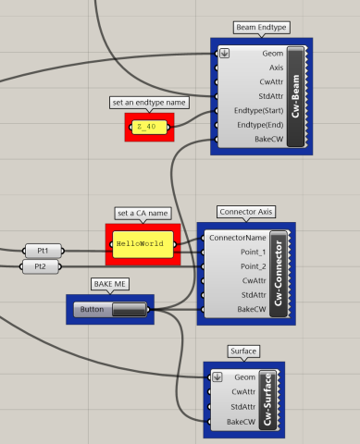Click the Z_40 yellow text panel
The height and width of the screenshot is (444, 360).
(149, 126)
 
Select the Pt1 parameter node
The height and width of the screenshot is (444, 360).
(42, 251)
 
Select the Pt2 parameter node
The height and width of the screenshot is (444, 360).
(40, 266)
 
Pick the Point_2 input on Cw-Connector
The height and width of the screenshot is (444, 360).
(252, 266)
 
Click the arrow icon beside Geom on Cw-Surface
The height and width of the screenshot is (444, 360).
(217, 376)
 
